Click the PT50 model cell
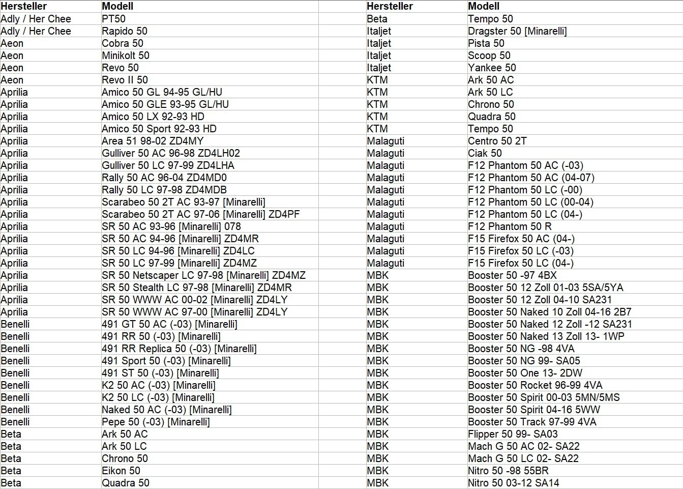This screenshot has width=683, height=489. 113,19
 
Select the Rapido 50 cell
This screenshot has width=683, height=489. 125,31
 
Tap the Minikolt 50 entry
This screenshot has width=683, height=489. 126,55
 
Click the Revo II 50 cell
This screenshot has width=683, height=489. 125,80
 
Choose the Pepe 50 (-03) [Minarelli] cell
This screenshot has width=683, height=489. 156,422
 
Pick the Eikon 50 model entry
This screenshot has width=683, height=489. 121,471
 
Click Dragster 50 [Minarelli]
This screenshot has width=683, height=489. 517,31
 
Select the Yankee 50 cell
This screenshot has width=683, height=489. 492,68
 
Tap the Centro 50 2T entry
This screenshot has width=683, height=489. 497,141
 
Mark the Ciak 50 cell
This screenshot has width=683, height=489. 485,153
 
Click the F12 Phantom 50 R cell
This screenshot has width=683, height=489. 510,226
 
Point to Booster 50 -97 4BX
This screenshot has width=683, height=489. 512,275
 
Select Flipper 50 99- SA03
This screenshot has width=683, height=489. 513,434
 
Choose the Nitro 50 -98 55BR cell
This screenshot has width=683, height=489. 508,471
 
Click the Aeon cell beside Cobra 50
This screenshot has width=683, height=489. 12,43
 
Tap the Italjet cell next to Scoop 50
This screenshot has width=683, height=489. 379,55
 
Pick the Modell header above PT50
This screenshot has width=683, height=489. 117,6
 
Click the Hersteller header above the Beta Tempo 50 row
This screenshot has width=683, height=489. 390,6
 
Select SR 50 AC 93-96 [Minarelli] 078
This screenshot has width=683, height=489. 171,226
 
